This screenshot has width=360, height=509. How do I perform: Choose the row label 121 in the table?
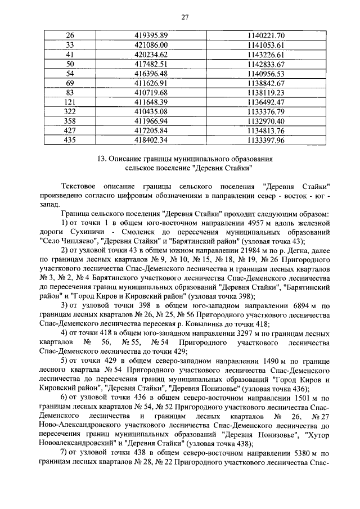(70, 102)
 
